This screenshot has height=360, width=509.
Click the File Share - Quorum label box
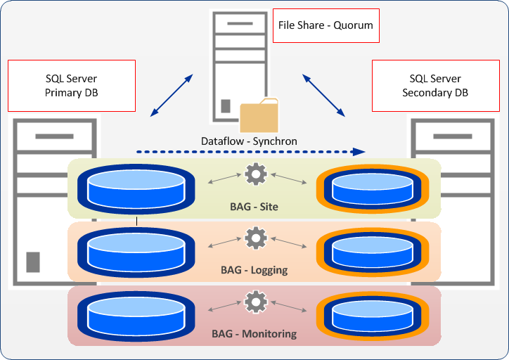pos(326,25)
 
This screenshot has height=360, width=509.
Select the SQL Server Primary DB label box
pos(72,85)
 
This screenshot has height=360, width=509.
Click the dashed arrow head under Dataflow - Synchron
pos(359,151)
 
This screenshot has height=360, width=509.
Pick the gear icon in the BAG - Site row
pos(255,174)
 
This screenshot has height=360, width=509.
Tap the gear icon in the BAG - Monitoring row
pos(255,302)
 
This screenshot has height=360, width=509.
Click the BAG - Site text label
pos(254,207)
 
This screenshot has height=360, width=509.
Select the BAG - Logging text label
pos(254,270)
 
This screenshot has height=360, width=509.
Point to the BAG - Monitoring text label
pos(254,334)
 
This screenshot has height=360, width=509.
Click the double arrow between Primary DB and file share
pos(172,93)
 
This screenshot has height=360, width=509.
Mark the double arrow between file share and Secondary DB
pos(324,92)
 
